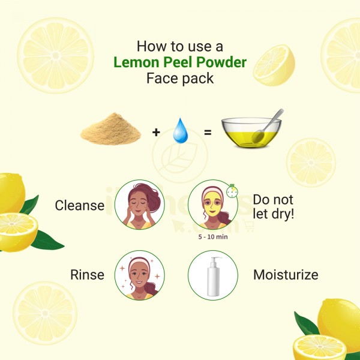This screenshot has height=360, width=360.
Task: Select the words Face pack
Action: pyautogui.click(x=180, y=79)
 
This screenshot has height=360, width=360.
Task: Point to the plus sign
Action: pyautogui.click(x=156, y=132)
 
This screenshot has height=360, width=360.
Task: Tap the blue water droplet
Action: pyautogui.click(x=181, y=130)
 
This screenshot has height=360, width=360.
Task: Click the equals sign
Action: pyautogui.click(x=208, y=133)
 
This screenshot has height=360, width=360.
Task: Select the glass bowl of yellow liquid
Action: pyautogui.click(x=251, y=133)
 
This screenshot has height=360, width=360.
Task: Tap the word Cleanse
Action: pyautogui.click(x=80, y=205)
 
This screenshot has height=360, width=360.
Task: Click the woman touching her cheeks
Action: pyautogui.click(x=140, y=205)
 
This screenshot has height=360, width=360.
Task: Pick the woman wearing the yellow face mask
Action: pyautogui.click(x=213, y=205)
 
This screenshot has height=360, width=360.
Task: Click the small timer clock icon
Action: pyautogui.click(x=232, y=191)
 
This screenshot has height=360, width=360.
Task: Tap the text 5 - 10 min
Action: pyautogui.click(x=213, y=237)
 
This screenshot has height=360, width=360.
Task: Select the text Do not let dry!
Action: pyautogui.click(x=274, y=206)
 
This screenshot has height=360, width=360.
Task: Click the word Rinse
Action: pyautogui.click(x=87, y=275)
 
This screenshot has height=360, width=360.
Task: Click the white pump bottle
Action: pyautogui.click(x=214, y=277)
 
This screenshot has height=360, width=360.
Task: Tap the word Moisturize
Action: pyautogui.click(x=286, y=275)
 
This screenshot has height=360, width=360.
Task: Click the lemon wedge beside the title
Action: pyautogui.click(x=274, y=65)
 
